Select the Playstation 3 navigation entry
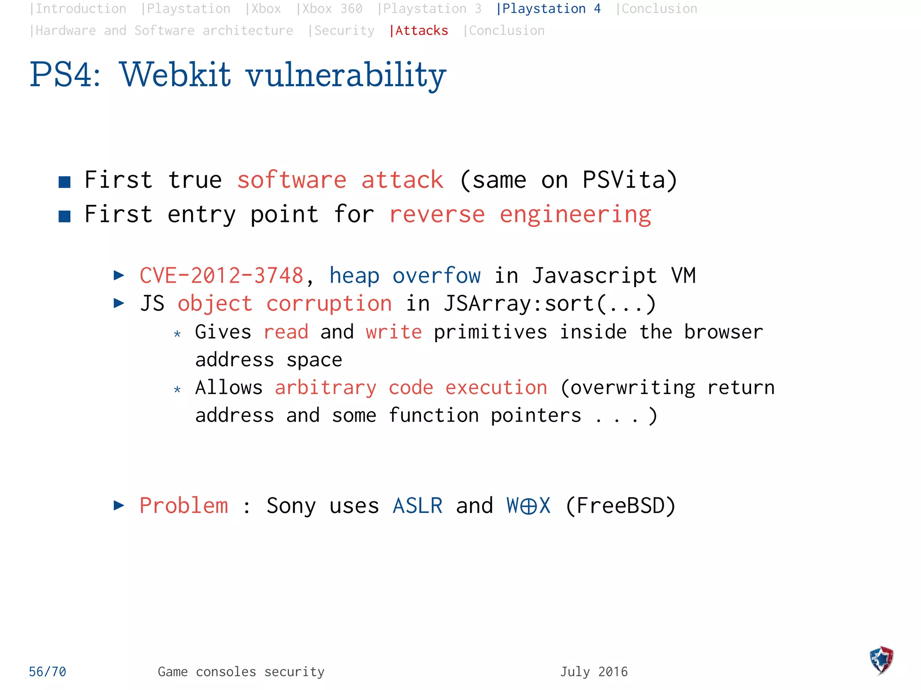click(432, 9)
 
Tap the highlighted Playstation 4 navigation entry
click(551, 9)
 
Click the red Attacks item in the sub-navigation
click(421, 31)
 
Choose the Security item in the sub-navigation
click(344, 31)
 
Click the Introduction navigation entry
click(80, 9)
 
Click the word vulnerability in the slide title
click(346, 75)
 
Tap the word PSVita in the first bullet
click(624, 180)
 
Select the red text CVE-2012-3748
click(221, 275)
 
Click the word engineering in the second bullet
click(575, 215)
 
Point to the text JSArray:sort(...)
click(550, 304)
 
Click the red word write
click(393, 332)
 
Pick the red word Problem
click(183, 506)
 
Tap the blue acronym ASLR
click(417, 506)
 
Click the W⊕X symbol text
click(528, 506)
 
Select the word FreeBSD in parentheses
click(620, 506)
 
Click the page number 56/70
click(47, 672)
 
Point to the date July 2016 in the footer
click(594, 672)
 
